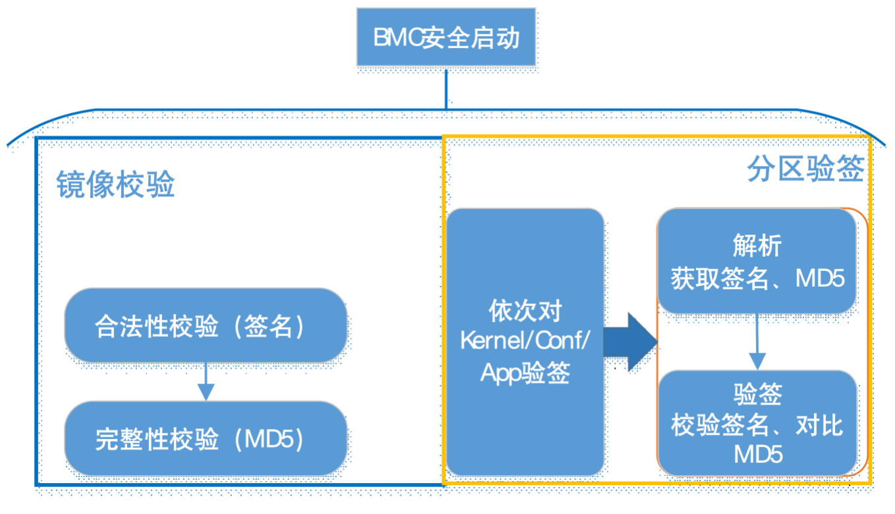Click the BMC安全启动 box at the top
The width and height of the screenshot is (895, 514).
pyautogui.click(x=446, y=37)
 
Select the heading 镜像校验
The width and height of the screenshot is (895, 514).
pyautogui.click(x=115, y=186)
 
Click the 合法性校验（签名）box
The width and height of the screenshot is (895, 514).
pyautogui.click(x=206, y=326)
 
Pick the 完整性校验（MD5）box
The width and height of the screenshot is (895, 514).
pyautogui.click(x=206, y=438)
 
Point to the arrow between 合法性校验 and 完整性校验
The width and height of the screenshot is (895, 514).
pyautogui.click(x=206, y=382)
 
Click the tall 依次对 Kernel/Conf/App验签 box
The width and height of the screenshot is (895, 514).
pyautogui.click(x=525, y=342)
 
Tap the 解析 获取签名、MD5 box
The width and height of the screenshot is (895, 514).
pyautogui.click(x=757, y=262)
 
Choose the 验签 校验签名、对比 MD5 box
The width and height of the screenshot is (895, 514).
pyautogui.click(x=757, y=423)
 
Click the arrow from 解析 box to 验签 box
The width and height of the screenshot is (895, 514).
pyautogui.click(x=757, y=342)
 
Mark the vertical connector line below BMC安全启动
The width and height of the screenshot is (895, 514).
pyautogui.click(x=446, y=87)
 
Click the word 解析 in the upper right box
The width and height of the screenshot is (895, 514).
pyautogui.click(x=757, y=246)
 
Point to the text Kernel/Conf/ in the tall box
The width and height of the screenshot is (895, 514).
pyautogui.click(x=525, y=341)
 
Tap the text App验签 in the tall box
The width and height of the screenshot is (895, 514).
pyautogui.click(x=525, y=373)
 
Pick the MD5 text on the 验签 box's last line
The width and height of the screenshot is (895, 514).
pyautogui.click(x=757, y=455)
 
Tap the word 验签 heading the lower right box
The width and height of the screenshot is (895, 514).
pyautogui.click(x=757, y=394)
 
